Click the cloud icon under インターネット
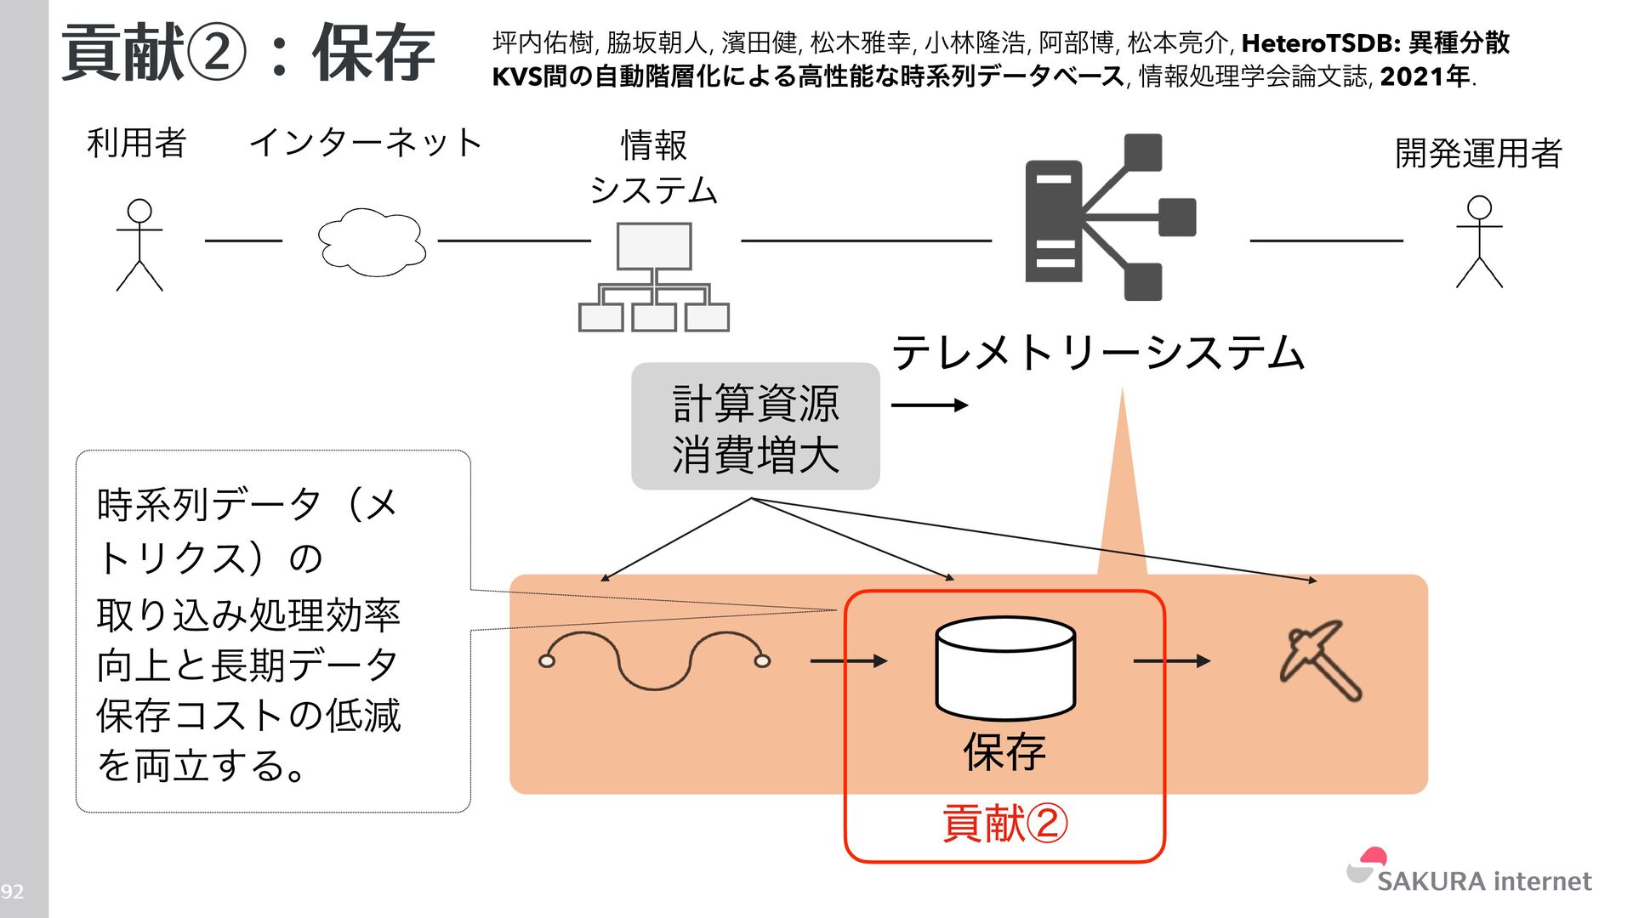372,241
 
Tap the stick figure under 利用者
139,245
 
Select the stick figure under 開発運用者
1479,242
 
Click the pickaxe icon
1321,660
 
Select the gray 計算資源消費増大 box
755,427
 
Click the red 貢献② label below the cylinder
1004,823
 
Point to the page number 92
12,891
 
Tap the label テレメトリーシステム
1098,353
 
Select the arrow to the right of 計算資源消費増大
930,405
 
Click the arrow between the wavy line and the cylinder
848,660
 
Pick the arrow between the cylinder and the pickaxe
1171,660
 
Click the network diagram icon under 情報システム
653,277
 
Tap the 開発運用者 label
1478,153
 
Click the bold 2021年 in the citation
1425,77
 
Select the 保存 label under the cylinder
1004,751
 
